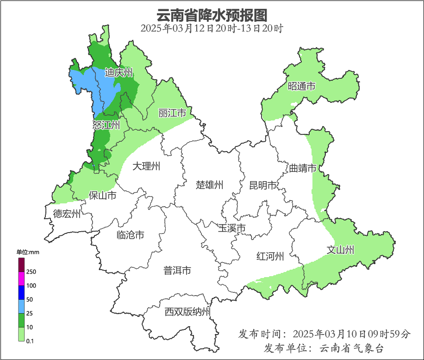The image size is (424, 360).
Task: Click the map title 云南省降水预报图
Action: pos(212,15)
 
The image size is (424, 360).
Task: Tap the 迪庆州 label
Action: pos(118,73)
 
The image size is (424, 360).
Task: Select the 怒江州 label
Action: pos(106,125)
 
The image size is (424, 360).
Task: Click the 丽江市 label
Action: pos(172,113)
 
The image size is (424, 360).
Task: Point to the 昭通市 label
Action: pos(301,86)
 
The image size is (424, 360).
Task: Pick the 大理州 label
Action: pos(146,166)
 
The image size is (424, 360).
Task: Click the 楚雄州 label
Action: pos(209,185)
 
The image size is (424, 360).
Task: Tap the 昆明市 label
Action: pos(262,185)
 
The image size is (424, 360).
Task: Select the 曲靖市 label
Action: pos(303,168)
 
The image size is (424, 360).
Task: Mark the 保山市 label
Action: pos(102,195)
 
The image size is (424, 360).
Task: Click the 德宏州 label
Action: pos(67,214)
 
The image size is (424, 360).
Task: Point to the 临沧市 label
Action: pos(130,235)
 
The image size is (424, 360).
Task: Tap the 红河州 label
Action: pos(270,256)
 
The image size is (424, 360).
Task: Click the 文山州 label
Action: pos(340,250)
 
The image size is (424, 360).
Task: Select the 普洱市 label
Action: pos(177,271)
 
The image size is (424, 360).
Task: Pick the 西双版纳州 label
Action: pos(187,312)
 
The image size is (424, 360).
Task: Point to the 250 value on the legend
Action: pos(31,272)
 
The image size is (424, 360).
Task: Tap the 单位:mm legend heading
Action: pos(28,253)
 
